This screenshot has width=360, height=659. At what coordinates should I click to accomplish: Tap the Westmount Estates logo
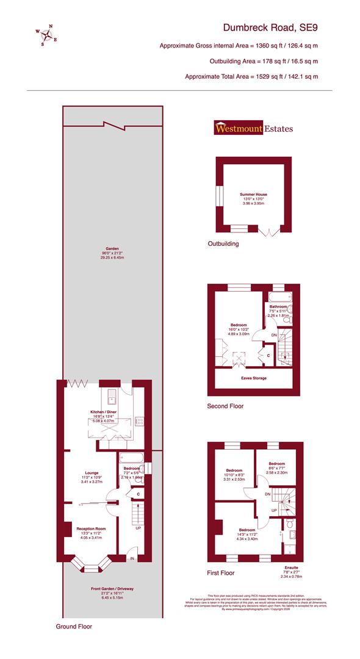point(253,128)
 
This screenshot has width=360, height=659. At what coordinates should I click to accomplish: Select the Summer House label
point(253,195)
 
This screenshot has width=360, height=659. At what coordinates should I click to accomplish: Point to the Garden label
point(112,249)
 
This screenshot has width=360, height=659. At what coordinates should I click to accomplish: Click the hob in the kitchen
point(140,421)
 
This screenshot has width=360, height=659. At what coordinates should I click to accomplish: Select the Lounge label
point(92,472)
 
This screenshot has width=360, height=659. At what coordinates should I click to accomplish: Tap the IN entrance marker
point(131,558)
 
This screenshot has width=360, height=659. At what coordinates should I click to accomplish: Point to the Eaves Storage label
point(252,378)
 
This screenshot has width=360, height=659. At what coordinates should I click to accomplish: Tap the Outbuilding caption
point(222,243)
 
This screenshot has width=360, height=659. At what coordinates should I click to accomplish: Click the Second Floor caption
point(226,406)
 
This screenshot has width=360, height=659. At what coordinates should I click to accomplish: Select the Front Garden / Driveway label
point(112,588)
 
